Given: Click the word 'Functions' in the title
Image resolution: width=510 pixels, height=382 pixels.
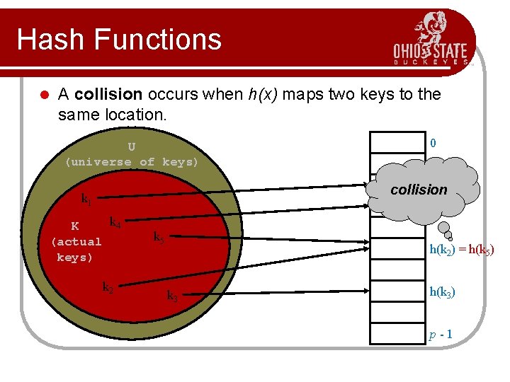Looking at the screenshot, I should click(161, 40).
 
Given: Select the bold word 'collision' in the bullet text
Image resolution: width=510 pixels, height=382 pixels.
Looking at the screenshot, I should click(108, 95).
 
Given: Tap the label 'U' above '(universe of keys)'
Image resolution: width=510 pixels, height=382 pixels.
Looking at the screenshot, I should click(132, 147).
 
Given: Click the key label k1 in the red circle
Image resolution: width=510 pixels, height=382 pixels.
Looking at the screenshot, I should click(86, 200).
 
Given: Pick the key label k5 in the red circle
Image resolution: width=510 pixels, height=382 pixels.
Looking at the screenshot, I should click(159, 238).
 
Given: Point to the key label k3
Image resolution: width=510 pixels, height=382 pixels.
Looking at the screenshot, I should click(171, 296).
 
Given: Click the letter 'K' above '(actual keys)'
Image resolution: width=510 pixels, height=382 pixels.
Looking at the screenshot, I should click(75, 226).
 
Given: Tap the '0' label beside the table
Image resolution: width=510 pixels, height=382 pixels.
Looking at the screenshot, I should click(433, 144).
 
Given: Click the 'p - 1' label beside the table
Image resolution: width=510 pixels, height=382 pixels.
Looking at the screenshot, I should click(441, 334).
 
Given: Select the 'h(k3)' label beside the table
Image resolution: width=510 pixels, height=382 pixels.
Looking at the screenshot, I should click(442, 292).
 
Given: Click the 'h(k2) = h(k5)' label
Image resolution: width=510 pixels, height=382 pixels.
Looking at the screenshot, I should click(461, 249).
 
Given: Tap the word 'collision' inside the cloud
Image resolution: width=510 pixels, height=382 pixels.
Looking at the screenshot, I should click(419, 190).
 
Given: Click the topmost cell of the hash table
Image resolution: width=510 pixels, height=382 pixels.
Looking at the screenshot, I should click(394, 142).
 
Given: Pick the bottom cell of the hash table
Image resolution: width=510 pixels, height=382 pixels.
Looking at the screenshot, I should click(394, 334).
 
